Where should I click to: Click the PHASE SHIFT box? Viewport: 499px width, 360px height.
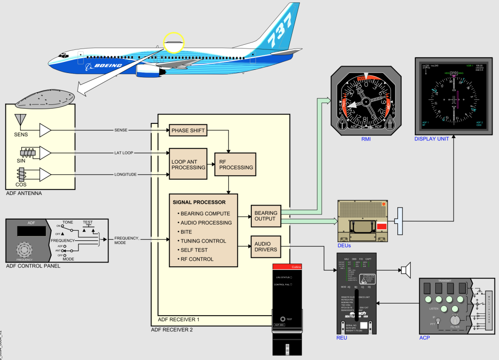coord(188,131)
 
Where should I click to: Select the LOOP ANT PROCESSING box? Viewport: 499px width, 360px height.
coord(188,165)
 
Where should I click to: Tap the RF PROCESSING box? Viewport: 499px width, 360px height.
coord(236,165)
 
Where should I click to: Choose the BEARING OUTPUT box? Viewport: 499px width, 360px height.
coord(266,216)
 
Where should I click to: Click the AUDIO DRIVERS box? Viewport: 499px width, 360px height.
coord(266,247)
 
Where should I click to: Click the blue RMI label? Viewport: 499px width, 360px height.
coord(366,138)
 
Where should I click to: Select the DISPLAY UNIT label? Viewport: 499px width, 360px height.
coord(432,139)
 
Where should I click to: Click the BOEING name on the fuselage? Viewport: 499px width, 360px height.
coord(108,66)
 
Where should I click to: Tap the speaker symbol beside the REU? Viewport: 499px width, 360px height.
coord(405,269)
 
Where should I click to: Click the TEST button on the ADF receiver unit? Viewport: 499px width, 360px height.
coord(282,319)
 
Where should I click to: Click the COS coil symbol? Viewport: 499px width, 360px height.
coord(23,175)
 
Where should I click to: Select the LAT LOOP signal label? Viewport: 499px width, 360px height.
coord(124,153)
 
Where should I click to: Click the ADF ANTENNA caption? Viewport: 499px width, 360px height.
coord(24,193)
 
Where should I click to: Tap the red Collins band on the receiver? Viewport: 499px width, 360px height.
coord(287,267)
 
